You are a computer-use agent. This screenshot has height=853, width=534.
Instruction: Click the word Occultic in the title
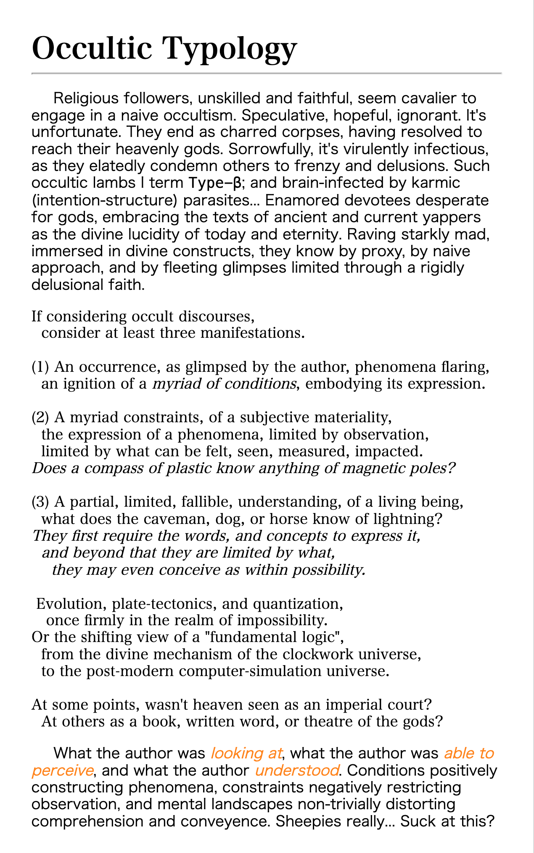click(92, 48)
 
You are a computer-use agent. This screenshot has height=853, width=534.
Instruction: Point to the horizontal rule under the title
click(267, 74)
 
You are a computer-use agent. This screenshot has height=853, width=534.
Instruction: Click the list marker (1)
click(41, 367)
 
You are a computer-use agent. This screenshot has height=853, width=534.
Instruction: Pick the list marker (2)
click(41, 418)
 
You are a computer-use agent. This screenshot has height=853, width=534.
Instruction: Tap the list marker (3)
click(41, 502)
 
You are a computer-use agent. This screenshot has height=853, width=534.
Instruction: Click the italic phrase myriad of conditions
click(224, 384)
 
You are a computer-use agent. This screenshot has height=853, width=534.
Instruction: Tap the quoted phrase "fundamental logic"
click(274, 637)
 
